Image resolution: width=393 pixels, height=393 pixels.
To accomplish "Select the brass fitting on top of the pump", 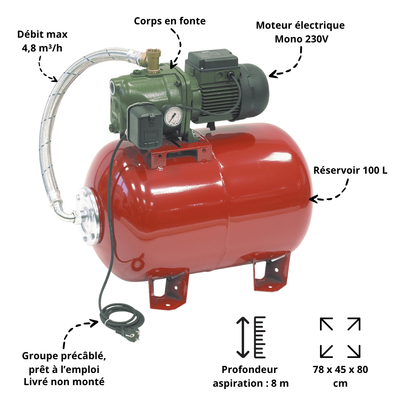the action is coord(152,60).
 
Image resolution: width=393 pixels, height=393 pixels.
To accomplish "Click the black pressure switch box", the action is coord(145,128).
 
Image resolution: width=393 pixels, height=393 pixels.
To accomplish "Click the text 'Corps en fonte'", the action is coord(170,21).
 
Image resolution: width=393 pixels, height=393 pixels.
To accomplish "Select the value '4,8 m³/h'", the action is coord(42,48).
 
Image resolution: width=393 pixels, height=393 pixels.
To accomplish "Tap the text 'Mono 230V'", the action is coord(301,39).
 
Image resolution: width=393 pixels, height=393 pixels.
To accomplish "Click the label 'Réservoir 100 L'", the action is coord(350,170).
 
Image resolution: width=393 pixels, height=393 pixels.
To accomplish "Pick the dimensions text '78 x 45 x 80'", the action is coord(340,369).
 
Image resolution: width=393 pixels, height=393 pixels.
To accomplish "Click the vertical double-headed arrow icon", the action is coord(242,337).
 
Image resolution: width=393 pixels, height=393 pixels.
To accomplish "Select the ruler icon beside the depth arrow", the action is coord(260,337).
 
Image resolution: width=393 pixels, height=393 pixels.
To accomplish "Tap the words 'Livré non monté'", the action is coord(64,382).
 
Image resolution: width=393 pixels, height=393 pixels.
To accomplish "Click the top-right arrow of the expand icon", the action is coord(354,324).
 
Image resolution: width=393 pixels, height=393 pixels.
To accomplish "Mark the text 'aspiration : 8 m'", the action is coord(251,383).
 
